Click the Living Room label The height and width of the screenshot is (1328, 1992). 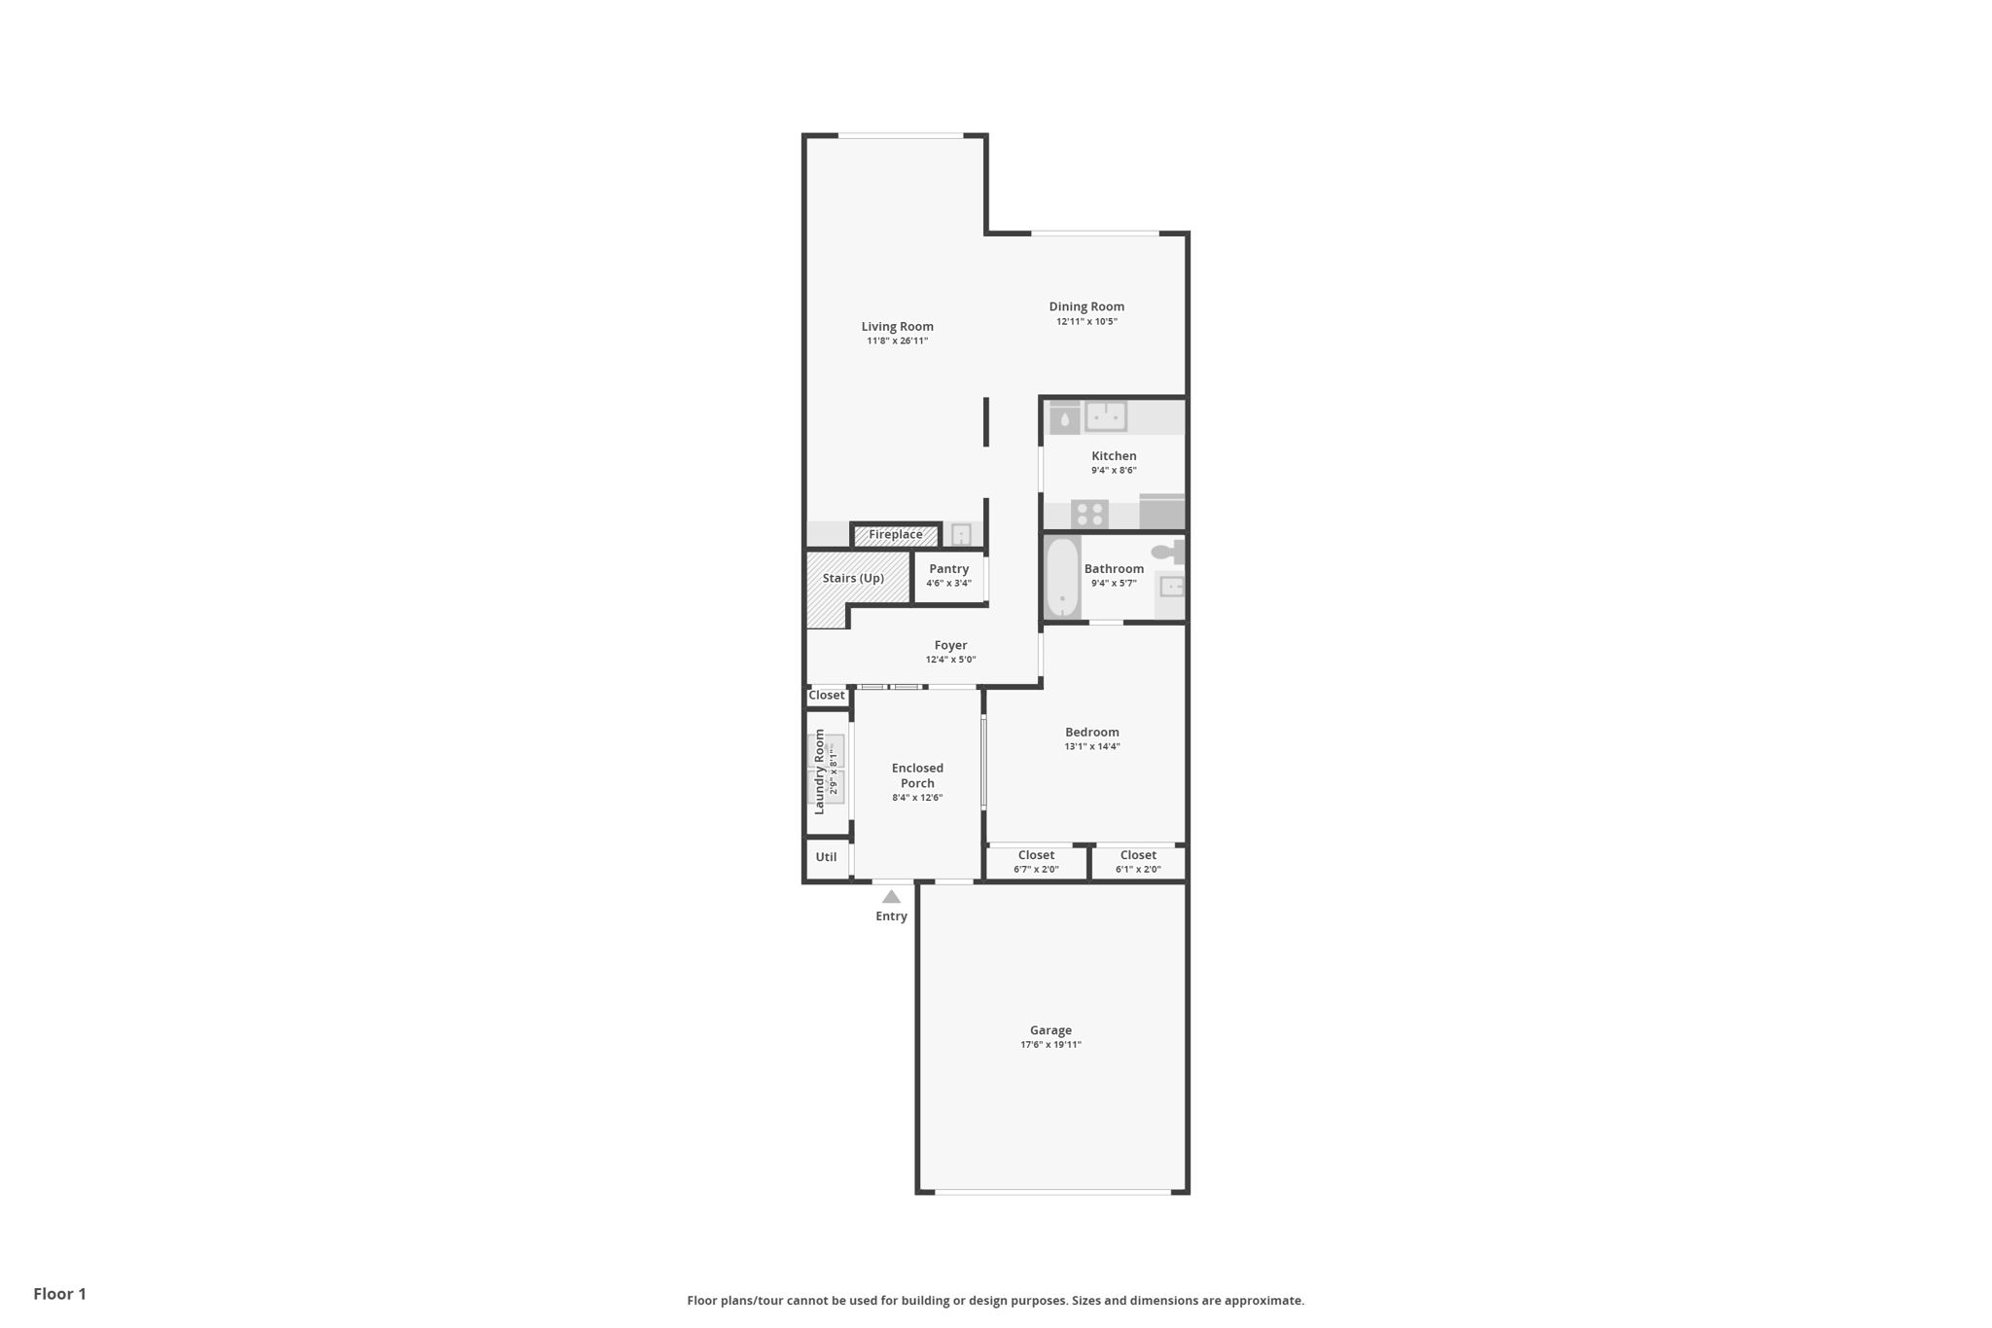point(897,327)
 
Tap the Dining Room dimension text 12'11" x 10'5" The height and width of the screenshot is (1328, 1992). point(1086,322)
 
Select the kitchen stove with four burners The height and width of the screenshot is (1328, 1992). point(1089,514)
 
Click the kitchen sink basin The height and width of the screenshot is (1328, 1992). point(1106,416)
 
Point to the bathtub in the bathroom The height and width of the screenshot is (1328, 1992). point(1062,578)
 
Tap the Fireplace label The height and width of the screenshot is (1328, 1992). point(895,535)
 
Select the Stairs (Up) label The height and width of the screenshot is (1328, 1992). point(853,578)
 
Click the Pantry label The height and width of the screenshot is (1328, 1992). point(948,569)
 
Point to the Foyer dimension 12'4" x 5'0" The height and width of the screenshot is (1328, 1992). point(950,660)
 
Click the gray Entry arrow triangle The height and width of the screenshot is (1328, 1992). point(891,897)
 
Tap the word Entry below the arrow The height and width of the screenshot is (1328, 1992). point(891,916)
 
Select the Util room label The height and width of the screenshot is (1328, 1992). point(826,857)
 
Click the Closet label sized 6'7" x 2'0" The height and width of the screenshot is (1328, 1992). point(1036,855)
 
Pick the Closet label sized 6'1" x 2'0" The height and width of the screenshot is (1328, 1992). point(1138,855)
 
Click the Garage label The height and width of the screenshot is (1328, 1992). point(1050,1030)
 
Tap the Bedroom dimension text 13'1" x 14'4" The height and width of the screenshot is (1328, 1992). point(1092,747)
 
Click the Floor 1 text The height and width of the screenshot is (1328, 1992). point(60,1294)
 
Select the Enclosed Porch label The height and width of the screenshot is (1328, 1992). point(917,775)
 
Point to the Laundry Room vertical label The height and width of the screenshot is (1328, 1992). point(819,772)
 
